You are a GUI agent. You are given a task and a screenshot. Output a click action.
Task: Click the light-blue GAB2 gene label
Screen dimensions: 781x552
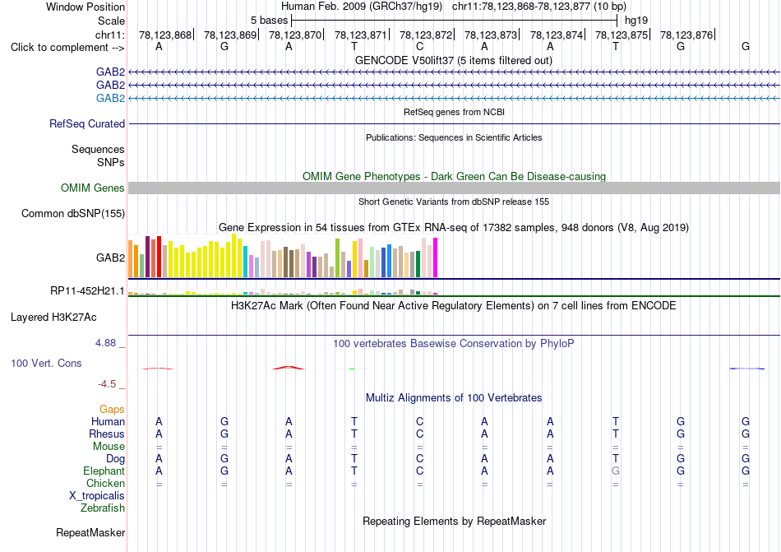click(x=110, y=98)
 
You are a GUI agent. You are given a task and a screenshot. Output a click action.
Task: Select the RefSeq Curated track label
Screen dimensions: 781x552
click(x=87, y=123)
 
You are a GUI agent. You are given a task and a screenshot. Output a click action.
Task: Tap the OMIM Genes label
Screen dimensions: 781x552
click(x=93, y=188)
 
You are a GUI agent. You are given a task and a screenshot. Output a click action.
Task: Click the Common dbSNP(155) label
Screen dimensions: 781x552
click(x=73, y=213)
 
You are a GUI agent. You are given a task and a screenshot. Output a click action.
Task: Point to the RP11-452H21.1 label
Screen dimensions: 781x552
click(x=87, y=290)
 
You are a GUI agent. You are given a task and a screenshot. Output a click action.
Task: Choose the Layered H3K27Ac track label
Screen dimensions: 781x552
click(x=53, y=318)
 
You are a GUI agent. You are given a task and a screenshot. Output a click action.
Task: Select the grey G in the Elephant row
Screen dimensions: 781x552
click(x=616, y=471)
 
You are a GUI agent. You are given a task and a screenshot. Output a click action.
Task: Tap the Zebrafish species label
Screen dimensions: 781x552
click(x=103, y=508)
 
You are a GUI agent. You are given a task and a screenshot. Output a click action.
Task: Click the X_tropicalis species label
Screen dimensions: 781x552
click(x=97, y=496)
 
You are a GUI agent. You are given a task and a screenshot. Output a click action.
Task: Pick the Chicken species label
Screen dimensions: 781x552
click(x=105, y=483)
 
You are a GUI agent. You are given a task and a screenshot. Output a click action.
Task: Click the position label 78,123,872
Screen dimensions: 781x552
click(x=426, y=35)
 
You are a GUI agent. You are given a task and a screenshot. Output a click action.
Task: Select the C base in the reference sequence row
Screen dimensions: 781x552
click(x=420, y=47)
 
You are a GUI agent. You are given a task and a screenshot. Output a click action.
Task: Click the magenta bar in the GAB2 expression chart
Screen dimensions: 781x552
click(x=436, y=257)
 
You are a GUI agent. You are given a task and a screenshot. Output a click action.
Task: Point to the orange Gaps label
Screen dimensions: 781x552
click(x=112, y=409)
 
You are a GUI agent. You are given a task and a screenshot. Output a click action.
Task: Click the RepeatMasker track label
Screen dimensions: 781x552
click(x=90, y=532)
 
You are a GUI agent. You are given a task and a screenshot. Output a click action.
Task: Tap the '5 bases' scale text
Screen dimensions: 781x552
click(x=269, y=21)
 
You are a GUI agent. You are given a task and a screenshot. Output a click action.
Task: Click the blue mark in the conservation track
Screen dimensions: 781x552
click(x=746, y=369)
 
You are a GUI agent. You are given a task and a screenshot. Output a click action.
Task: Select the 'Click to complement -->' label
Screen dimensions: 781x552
click(x=67, y=48)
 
